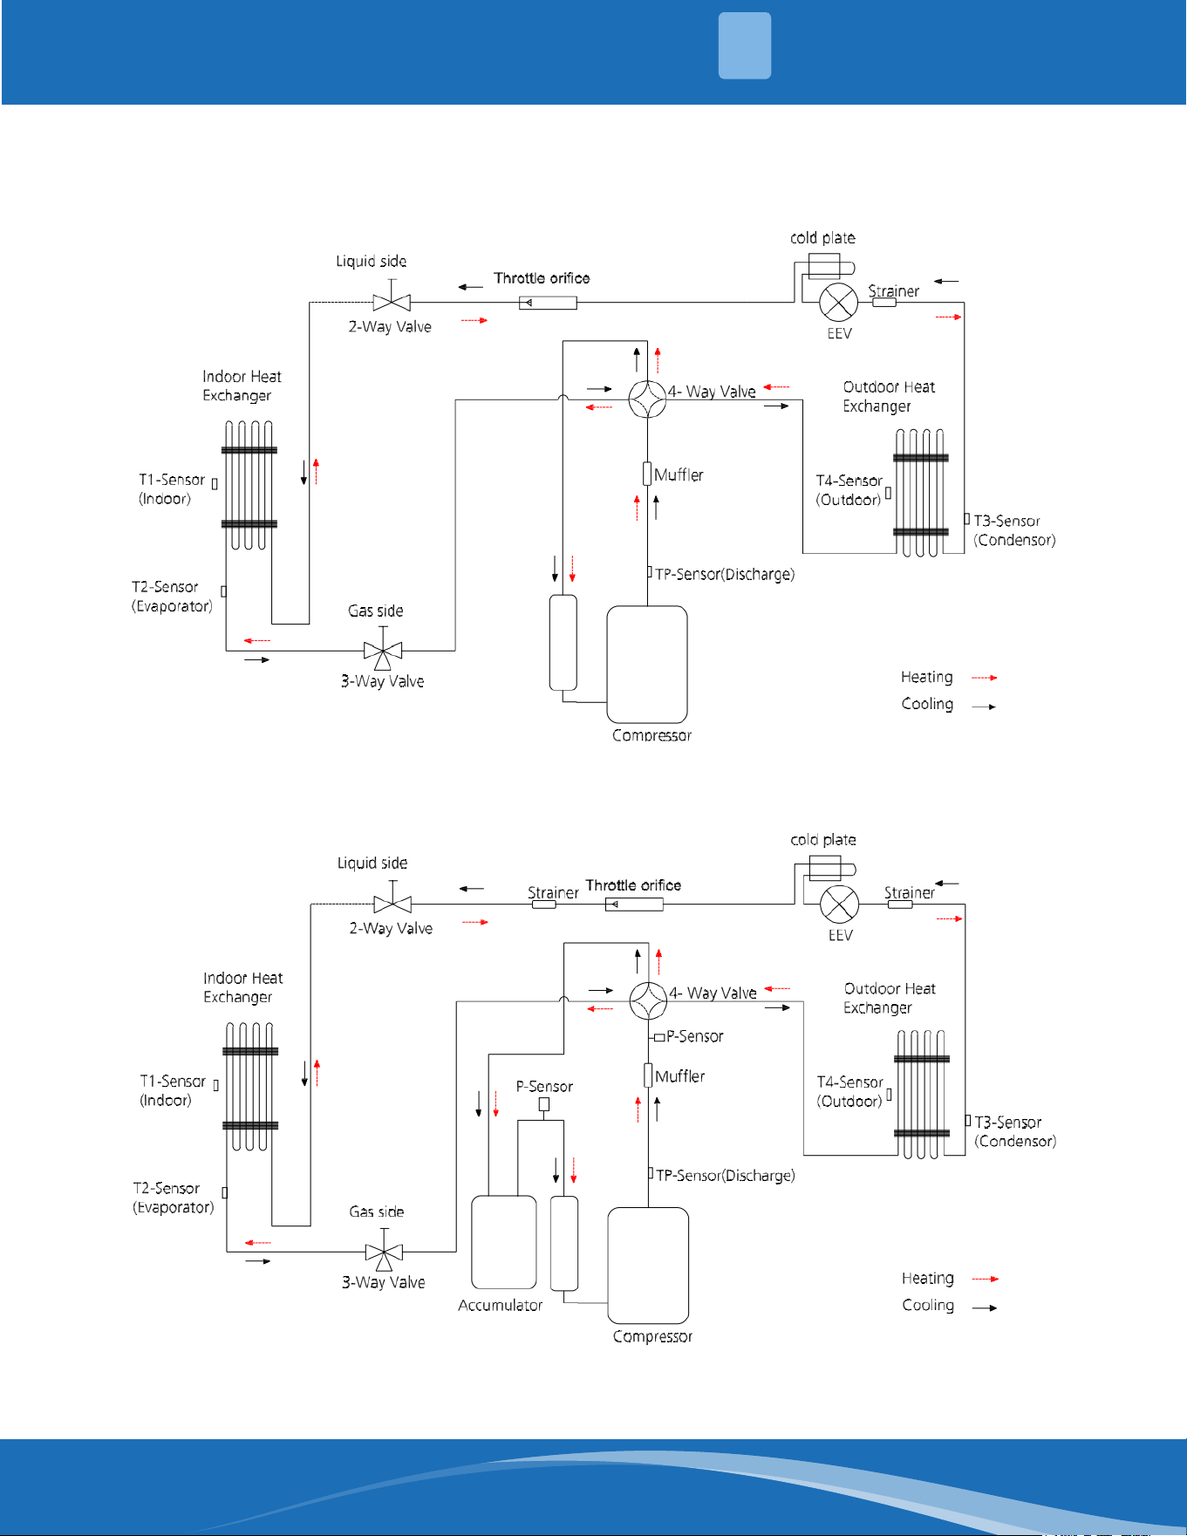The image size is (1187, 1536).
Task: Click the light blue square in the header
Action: coord(745,45)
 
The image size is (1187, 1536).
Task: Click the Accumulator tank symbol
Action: coord(504,1242)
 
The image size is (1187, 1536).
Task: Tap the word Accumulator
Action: coord(501,1306)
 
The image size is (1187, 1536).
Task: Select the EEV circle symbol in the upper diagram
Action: coord(839,302)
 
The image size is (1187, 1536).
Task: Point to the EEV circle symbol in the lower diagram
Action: coord(840,904)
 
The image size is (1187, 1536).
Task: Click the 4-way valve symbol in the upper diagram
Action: coord(648,399)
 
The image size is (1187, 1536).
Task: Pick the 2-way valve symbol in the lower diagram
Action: coord(392,905)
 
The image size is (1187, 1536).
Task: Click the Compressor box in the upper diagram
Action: coord(647,665)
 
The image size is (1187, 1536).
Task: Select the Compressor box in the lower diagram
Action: coord(648,1266)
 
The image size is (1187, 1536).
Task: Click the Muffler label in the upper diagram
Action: coord(679,475)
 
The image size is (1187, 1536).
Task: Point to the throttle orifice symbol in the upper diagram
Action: coord(548,303)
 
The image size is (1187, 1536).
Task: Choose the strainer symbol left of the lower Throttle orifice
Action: coord(544,905)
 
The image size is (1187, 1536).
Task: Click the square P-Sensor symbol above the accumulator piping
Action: coord(544,1104)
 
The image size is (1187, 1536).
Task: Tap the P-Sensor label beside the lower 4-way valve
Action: coord(695,1037)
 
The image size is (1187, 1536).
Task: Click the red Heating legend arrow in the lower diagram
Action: coord(986,1279)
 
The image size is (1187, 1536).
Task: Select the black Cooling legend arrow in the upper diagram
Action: coord(984,707)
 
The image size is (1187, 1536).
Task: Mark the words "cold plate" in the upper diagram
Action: coord(822,238)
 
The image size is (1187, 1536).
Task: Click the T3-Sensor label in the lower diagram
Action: coord(1008,1123)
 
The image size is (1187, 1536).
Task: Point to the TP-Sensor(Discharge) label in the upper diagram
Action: coord(725,575)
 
